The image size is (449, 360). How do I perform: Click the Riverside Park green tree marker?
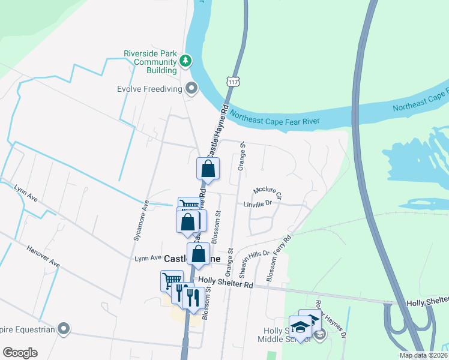point(186,61)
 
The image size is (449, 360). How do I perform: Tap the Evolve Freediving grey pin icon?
point(192,89)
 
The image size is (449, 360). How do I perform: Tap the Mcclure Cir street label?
point(268,192)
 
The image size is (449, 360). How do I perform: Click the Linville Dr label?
point(258,204)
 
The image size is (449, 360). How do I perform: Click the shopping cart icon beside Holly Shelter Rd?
point(172,280)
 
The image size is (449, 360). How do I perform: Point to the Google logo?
point(20,353)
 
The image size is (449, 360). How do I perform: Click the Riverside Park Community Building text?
point(150,62)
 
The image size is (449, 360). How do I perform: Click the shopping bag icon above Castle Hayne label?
point(199,254)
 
